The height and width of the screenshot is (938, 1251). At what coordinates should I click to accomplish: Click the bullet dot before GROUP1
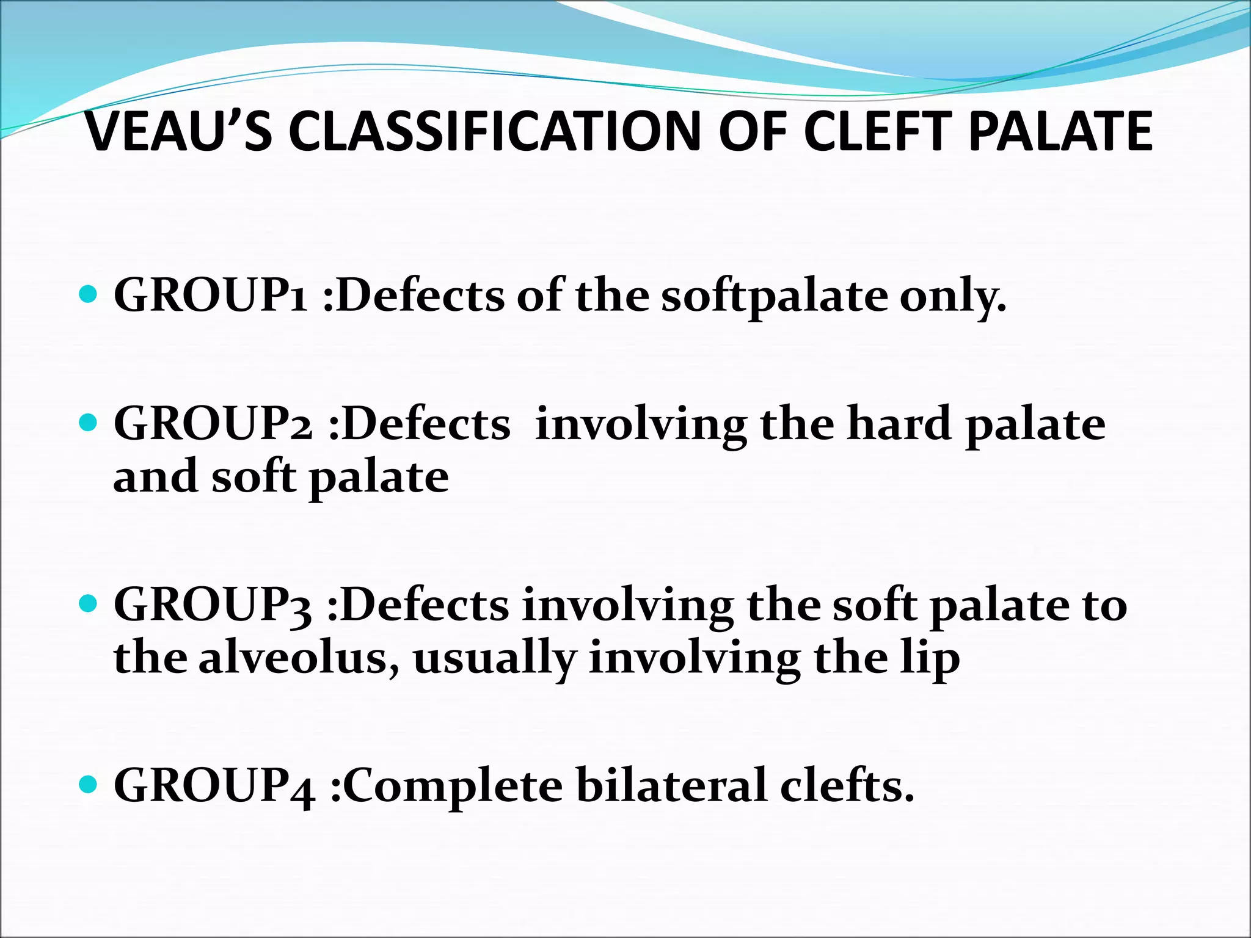click(x=89, y=295)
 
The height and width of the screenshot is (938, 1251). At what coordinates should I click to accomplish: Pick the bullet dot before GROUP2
click(x=89, y=423)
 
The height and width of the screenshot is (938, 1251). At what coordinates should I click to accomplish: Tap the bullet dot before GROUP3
click(x=89, y=604)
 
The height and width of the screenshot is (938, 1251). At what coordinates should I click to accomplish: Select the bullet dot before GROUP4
click(x=89, y=784)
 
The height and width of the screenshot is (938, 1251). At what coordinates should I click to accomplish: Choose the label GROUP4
click(x=214, y=787)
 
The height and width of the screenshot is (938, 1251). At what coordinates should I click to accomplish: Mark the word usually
click(x=495, y=660)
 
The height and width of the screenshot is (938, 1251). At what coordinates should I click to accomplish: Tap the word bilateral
click(x=671, y=785)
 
